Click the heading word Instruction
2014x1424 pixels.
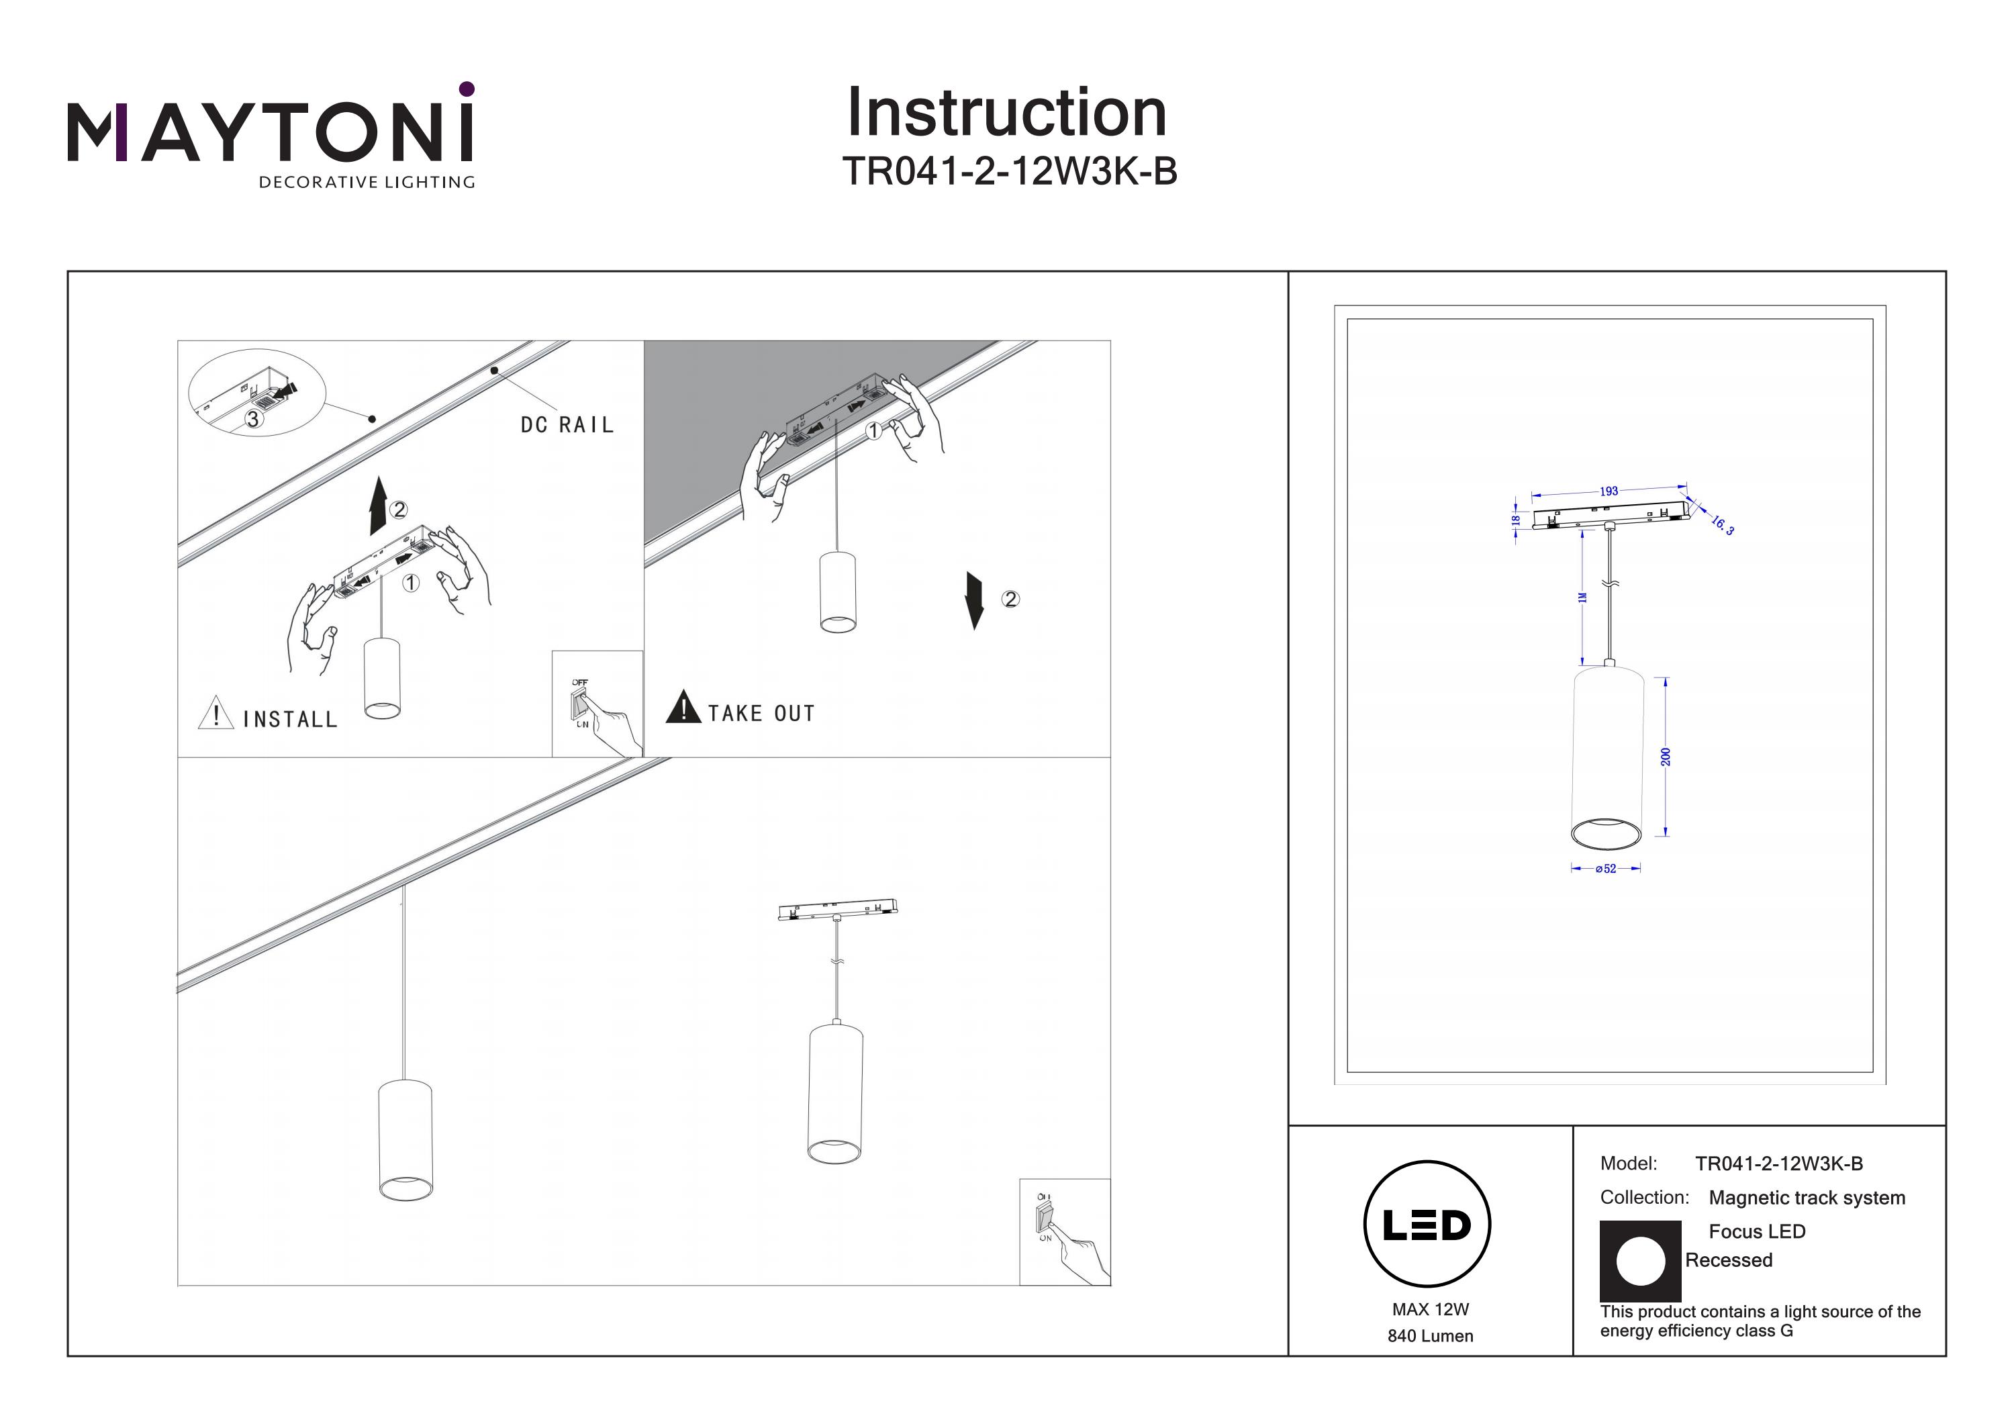click(1006, 113)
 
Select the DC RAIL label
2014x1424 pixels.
click(567, 426)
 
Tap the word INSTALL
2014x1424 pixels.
click(290, 720)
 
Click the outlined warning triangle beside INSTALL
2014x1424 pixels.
click(215, 713)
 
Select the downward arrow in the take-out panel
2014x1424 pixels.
click(973, 600)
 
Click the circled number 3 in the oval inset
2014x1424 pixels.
click(252, 420)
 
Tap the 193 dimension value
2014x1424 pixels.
click(1608, 491)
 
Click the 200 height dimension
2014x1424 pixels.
click(1665, 756)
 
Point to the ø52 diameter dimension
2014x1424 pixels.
click(1605, 869)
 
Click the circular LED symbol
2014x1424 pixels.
click(1427, 1224)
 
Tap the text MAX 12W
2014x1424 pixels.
click(1430, 1309)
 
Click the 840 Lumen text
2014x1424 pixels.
click(1430, 1336)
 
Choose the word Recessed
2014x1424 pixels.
click(1728, 1260)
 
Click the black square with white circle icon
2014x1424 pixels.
click(1639, 1261)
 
